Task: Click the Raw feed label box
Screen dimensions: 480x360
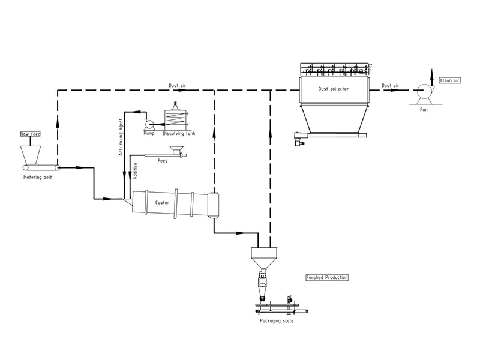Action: pyautogui.click(x=31, y=134)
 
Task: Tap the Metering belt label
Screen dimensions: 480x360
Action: pyautogui.click(x=38, y=177)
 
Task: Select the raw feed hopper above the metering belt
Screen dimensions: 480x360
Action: pyautogui.click(x=31, y=155)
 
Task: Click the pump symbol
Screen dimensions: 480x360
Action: pyautogui.click(x=149, y=125)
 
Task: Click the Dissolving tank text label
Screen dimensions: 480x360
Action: pyautogui.click(x=179, y=133)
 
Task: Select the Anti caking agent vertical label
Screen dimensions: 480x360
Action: pyautogui.click(x=121, y=137)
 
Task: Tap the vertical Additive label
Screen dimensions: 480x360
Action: pyautogui.click(x=136, y=171)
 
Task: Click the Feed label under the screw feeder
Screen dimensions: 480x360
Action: pyautogui.click(x=162, y=161)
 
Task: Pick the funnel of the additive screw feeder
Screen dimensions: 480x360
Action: pyautogui.click(x=176, y=149)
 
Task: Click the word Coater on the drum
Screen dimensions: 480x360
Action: pyautogui.click(x=162, y=203)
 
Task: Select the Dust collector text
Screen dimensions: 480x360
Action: pyautogui.click(x=334, y=89)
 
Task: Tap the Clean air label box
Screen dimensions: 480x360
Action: pyautogui.click(x=449, y=80)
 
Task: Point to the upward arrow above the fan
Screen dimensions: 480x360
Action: pyautogui.click(x=432, y=77)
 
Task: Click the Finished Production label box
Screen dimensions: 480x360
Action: pyautogui.click(x=327, y=277)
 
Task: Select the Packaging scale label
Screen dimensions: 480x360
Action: pyautogui.click(x=277, y=321)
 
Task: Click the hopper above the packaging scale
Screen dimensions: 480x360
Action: pyautogui.click(x=264, y=258)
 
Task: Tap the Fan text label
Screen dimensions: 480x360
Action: pyautogui.click(x=424, y=109)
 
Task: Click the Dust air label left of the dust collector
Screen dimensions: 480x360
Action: pyautogui.click(x=177, y=85)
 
